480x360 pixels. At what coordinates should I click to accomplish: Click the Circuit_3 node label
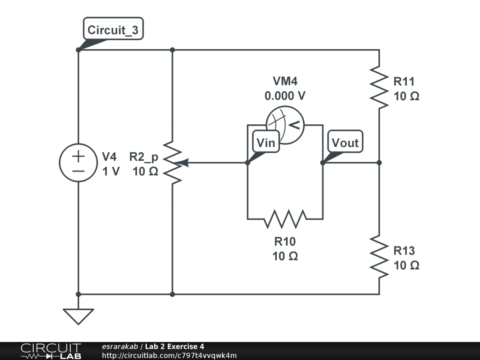pyautogui.click(x=113, y=30)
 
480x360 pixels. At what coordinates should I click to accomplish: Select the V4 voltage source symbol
pyautogui.click(x=78, y=163)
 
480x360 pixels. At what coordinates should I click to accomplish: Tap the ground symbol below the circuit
pyautogui.click(x=78, y=316)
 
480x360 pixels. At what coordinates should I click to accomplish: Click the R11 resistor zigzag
pyautogui.click(x=379, y=87)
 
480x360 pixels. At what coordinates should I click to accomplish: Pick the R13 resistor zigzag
pyautogui.click(x=379, y=256)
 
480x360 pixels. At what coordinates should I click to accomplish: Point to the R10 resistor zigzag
pyautogui.click(x=285, y=218)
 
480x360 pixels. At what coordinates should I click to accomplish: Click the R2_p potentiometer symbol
pyautogui.click(x=172, y=163)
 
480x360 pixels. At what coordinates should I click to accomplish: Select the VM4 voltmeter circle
pyautogui.click(x=285, y=124)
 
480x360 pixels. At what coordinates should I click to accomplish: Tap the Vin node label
pyautogui.click(x=266, y=142)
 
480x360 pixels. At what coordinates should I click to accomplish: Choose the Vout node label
pyautogui.click(x=345, y=142)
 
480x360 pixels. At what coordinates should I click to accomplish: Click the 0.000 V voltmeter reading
pyautogui.click(x=285, y=96)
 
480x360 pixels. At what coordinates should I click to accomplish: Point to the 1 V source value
pyautogui.click(x=111, y=171)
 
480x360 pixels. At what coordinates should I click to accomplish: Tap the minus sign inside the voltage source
pyautogui.click(x=78, y=171)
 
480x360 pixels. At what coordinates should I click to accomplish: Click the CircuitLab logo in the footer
pyautogui.click(x=51, y=351)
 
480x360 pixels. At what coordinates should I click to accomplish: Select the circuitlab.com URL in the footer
pyautogui.click(x=169, y=355)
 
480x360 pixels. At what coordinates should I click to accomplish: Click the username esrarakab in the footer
pyautogui.click(x=120, y=346)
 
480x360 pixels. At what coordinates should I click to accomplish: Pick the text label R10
pyautogui.click(x=285, y=242)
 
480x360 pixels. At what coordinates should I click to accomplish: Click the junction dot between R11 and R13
pyautogui.click(x=379, y=163)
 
